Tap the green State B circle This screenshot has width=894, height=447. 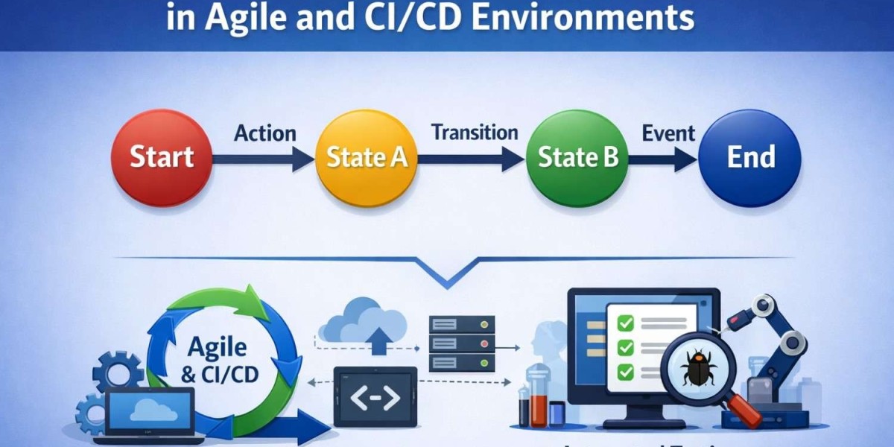(577, 158)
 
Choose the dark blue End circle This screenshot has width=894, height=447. (751, 158)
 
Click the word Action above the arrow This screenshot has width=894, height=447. (265, 133)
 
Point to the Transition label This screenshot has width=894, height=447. (475, 132)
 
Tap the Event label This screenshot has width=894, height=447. (668, 133)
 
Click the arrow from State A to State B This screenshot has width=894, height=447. (469, 158)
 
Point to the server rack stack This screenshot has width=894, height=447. (462, 343)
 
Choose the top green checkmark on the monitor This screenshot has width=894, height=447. (626, 323)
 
